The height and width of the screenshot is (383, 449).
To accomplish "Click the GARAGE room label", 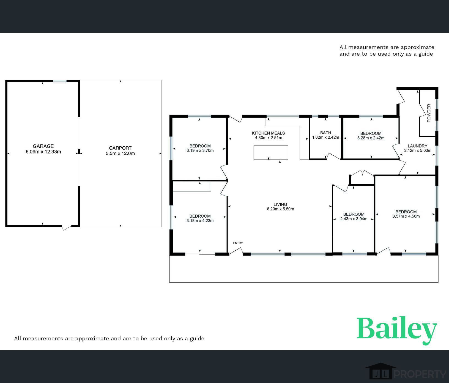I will tap(43, 146).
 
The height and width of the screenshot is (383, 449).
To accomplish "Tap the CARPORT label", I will tap(120, 148).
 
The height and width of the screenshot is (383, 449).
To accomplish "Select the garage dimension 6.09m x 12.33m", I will tap(43, 152).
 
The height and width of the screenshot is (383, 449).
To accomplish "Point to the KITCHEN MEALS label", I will tap(268, 133).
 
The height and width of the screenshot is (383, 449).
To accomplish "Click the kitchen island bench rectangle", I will tap(271, 152).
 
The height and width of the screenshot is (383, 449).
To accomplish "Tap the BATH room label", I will tap(325, 133).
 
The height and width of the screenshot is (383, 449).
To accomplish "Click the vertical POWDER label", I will tap(429, 113).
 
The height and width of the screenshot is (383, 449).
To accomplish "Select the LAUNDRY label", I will tap(417, 146).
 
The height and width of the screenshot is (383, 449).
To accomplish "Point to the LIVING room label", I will tap(280, 204).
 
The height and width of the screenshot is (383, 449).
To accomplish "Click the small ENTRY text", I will tap(238, 243).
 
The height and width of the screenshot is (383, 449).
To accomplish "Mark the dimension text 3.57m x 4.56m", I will tap(406, 216).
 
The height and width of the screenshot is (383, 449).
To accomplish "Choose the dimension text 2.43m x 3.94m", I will tap(354, 219).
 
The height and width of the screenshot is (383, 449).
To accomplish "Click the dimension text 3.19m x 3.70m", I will tap(200, 151).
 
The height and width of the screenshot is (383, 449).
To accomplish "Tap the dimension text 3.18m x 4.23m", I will tap(200, 221).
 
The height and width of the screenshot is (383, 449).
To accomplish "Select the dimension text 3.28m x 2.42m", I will tap(371, 138).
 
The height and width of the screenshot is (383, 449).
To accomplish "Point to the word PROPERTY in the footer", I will tap(420, 374).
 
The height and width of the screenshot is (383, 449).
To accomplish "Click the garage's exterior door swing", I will tap(66, 227).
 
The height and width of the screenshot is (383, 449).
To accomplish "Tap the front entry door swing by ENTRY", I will tap(236, 251).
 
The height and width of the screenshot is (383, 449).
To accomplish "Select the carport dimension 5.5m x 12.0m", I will tap(120, 154).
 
